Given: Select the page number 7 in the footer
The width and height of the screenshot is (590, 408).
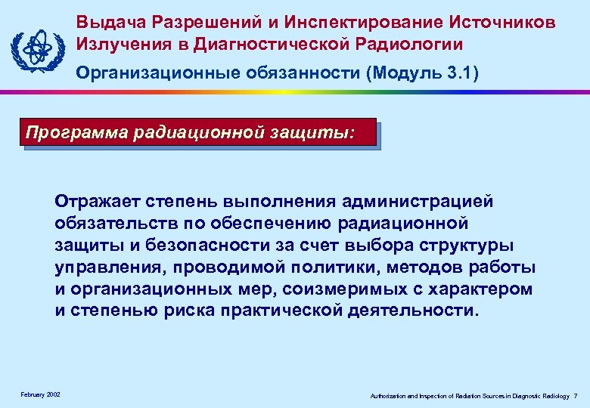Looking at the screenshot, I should click(x=576, y=396).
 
